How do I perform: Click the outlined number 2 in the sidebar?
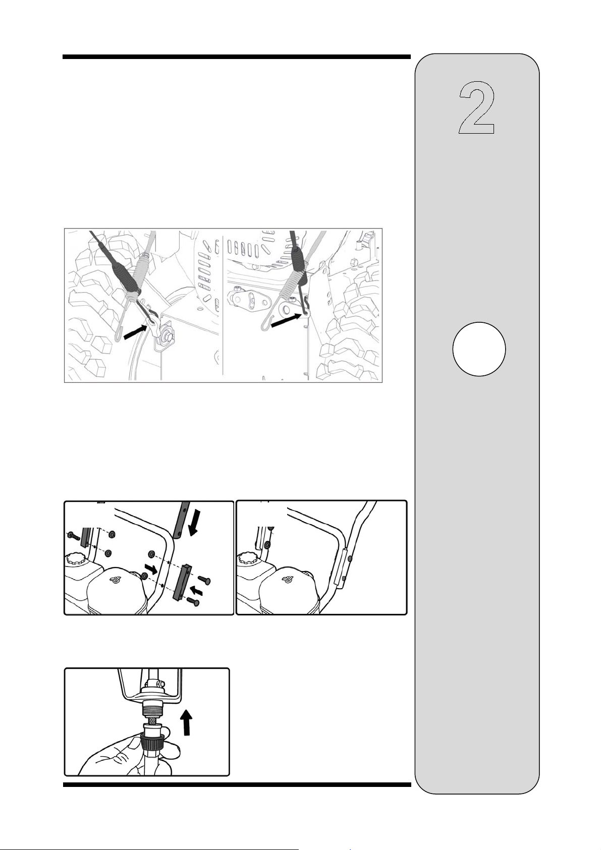click(x=477, y=107)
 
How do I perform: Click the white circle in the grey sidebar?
click(x=479, y=349)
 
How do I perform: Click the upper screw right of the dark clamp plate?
click(x=203, y=581)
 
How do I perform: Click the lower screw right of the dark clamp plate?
click(x=193, y=600)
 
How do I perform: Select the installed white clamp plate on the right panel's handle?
click(x=340, y=569)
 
